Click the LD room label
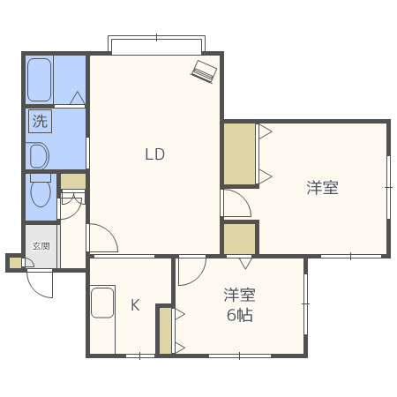(x=155, y=154)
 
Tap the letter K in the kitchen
(x=135, y=305)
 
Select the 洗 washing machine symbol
(x=40, y=122)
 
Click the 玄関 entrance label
(x=41, y=247)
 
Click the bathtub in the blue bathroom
(x=40, y=79)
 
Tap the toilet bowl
(x=41, y=192)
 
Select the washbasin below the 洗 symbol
(x=37, y=156)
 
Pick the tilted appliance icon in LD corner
(x=204, y=71)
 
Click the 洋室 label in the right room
(x=322, y=187)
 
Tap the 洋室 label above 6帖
(x=239, y=295)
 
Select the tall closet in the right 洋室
(x=238, y=154)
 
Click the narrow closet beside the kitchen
(x=164, y=329)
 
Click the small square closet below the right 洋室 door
(x=238, y=237)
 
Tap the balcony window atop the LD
(x=156, y=43)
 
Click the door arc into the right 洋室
(x=236, y=204)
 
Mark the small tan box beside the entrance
(x=14, y=262)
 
